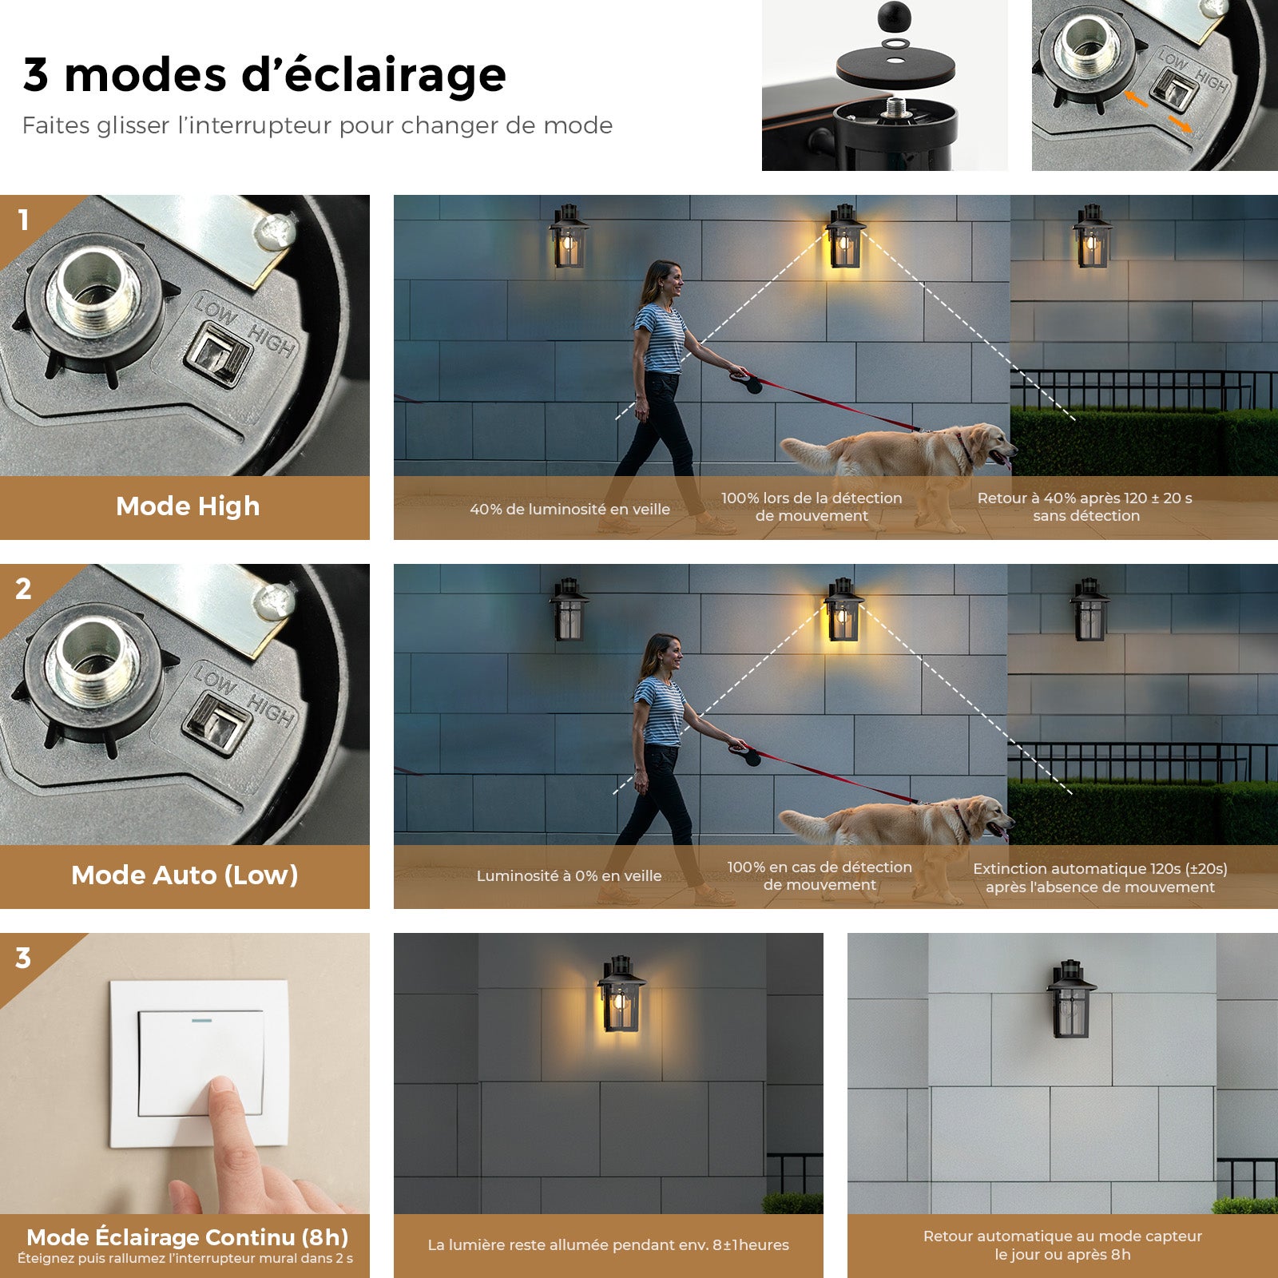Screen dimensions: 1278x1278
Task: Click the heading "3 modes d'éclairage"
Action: tap(264, 75)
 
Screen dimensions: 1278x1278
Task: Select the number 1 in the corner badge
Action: tap(24, 220)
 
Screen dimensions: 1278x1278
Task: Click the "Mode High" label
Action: tap(188, 506)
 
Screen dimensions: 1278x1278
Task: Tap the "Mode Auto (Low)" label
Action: tap(185, 875)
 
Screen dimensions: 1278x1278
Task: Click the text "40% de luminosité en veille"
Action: tap(570, 510)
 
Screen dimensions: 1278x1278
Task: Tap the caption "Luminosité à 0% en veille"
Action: tap(569, 876)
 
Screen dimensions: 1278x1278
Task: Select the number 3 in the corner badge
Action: tap(23, 958)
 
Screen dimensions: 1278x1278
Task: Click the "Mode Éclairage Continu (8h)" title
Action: tap(188, 1237)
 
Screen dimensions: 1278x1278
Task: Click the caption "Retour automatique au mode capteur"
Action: tap(1062, 1236)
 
